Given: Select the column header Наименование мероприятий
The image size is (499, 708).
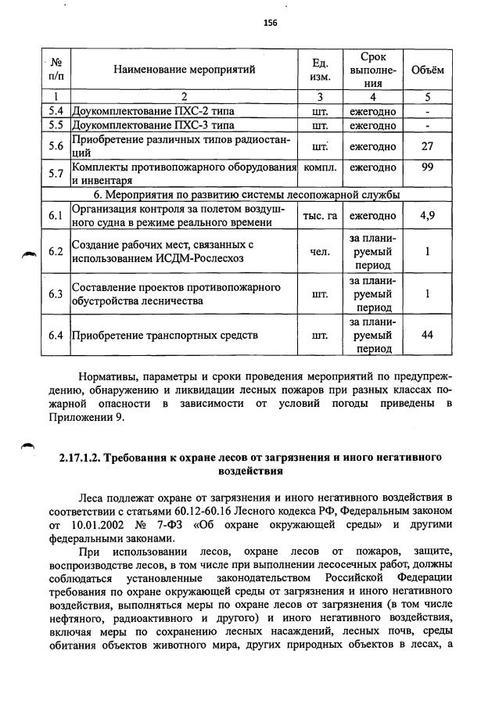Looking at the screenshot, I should (184, 70).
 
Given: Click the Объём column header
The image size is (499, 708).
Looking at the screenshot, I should (427, 70).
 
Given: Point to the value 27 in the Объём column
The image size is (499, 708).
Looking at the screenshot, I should (427, 146).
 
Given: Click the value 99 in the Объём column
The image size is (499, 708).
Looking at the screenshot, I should (427, 167).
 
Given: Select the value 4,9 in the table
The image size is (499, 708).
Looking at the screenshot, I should (427, 216).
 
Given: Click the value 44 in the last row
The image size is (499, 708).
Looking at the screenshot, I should (427, 336).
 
